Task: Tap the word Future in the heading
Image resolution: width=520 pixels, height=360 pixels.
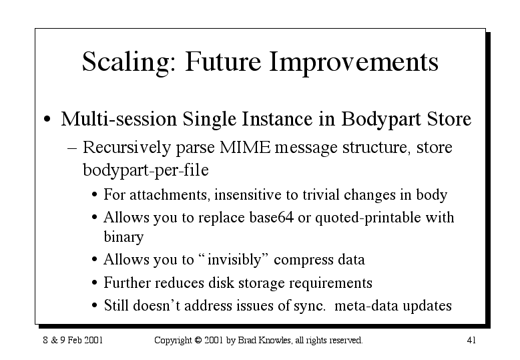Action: click(x=223, y=61)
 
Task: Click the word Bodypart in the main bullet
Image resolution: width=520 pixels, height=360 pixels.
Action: click(x=381, y=120)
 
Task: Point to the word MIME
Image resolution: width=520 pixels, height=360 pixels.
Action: click(x=245, y=147)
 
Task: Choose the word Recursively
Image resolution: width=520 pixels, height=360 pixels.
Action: click(x=127, y=148)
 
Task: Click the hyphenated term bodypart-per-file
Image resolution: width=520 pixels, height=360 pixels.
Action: click(x=146, y=170)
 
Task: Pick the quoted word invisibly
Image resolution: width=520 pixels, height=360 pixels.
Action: click(x=234, y=260)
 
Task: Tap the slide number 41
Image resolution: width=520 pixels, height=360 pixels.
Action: click(x=471, y=340)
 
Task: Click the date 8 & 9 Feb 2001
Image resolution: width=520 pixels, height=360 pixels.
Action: click(x=73, y=340)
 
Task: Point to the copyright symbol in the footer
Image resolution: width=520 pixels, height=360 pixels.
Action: click(x=198, y=341)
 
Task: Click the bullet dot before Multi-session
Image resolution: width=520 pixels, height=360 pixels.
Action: click(x=47, y=120)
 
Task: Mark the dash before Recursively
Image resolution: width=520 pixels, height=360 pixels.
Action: click(x=72, y=149)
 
